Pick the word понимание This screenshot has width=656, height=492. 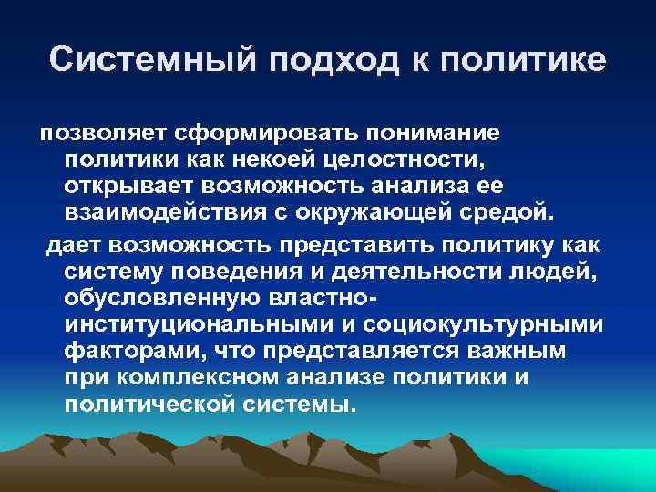433,134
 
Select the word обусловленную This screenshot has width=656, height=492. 153,299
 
